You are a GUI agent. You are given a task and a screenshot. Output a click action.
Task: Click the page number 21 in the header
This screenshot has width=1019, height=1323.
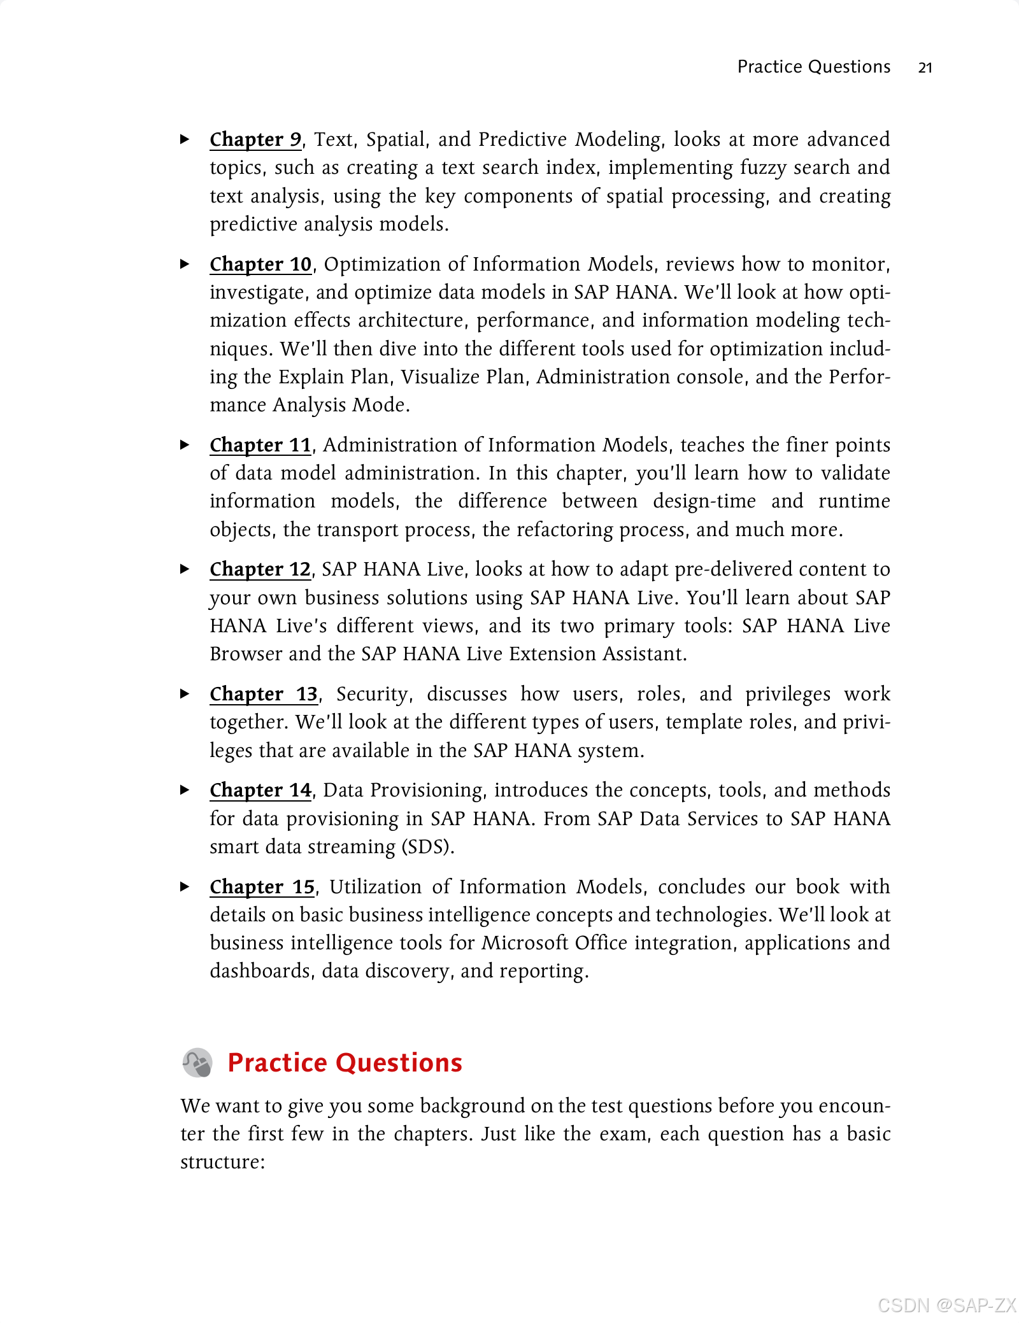(925, 67)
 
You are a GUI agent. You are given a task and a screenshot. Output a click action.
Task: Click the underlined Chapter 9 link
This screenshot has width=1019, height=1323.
(255, 139)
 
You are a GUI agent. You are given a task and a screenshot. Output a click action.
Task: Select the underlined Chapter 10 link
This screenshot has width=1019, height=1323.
(260, 264)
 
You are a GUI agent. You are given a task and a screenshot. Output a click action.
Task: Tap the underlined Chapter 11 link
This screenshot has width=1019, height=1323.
(260, 445)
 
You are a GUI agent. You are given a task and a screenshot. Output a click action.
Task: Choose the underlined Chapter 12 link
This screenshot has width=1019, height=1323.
(260, 569)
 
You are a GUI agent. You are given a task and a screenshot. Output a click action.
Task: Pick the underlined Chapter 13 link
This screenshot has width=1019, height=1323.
(264, 694)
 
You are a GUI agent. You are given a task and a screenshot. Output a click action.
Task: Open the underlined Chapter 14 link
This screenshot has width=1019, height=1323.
(260, 790)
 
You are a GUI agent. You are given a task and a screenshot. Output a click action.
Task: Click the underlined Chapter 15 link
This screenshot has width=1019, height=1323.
(262, 887)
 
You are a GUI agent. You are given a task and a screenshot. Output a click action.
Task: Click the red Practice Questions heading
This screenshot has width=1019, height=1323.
(345, 1063)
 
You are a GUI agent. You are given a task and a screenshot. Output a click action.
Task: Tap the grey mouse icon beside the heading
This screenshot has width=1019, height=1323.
(197, 1063)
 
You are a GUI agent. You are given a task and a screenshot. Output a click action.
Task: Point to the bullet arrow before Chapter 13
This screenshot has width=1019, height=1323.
(185, 694)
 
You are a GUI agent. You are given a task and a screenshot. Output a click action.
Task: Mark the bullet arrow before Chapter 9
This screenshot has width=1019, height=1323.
(185, 139)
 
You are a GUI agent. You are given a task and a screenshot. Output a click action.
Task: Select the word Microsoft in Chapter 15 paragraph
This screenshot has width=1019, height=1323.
(524, 943)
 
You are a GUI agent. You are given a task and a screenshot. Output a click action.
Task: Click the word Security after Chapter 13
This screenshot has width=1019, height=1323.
(373, 695)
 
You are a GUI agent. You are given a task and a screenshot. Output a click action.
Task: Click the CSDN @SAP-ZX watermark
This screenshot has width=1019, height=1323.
(946, 1305)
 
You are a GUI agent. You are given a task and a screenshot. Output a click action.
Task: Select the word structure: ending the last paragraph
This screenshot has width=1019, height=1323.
(222, 1162)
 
